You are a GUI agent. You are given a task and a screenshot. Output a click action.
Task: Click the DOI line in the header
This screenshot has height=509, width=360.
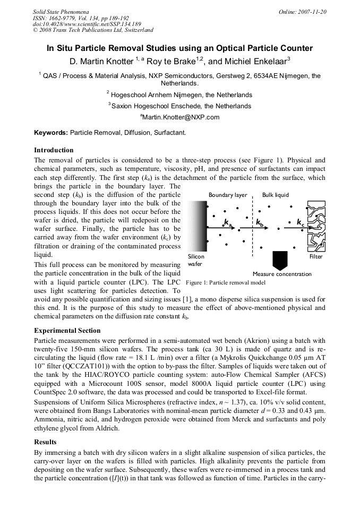click(87, 24)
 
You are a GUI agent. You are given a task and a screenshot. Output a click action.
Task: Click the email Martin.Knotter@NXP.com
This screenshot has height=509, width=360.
click(179, 117)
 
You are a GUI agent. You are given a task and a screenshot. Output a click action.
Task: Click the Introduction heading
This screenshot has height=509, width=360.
click(54, 150)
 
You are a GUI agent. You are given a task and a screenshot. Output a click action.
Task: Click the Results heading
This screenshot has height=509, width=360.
click(45, 442)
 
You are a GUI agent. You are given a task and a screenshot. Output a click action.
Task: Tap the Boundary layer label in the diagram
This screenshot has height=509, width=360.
click(227, 195)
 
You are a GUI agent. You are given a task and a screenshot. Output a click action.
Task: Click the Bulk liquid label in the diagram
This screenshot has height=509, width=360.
click(276, 195)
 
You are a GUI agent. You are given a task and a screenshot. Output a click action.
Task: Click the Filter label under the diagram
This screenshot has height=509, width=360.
click(315, 256)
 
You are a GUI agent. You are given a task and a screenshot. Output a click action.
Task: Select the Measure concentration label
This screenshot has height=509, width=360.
click(282, 274)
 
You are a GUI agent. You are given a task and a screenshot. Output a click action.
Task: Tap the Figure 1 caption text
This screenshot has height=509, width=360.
click(226, 283)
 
